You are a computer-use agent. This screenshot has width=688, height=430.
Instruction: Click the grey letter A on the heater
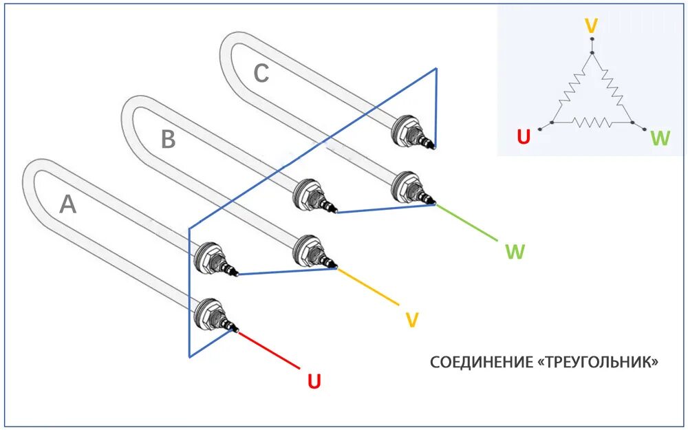point(67,204)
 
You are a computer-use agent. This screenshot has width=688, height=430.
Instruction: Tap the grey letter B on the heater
point(169,140)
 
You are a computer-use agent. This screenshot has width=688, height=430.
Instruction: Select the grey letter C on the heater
point(261,73)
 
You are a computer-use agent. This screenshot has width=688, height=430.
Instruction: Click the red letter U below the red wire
point(314,380)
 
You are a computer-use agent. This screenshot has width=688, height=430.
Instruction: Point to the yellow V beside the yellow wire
point(411,319)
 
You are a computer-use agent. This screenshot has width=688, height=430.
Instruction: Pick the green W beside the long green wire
point(515,251)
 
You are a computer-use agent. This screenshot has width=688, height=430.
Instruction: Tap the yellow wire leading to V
point(367,286)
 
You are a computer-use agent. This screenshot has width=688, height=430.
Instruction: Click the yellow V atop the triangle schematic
point(591,26)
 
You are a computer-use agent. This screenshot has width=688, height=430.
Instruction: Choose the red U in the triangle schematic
point(524,138)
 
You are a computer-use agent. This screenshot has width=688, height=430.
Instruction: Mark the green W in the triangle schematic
point(659,138)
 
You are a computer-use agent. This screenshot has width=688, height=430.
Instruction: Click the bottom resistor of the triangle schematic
point(591,123)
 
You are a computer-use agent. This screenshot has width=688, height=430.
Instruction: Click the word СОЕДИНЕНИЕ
point(478,362)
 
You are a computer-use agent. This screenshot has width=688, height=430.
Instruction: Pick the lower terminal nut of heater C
point(403,187)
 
